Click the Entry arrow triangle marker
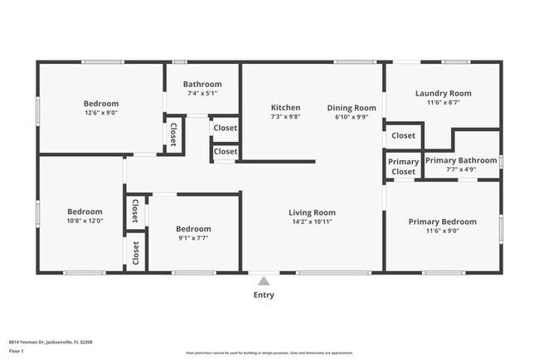pos(264,280)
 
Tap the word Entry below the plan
pos(264,294)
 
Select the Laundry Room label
pos(443,94)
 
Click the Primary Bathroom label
pos(461,160)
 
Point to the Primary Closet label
pos(404,167)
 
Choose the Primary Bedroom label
pos(443,221)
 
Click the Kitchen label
pos(285,108)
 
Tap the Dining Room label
pos(352,108)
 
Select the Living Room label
pos(312,212)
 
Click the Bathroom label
pos(202,84)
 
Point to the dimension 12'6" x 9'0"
pos(101,113)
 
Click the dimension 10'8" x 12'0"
pos(85,221)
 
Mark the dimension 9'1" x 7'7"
pos(192,237)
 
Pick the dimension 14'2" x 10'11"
pos(312,221)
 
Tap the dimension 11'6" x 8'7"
pos(443,103)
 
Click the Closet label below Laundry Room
pos(404,135)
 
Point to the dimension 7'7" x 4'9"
pos(461,169)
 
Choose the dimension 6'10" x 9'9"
pos(352,117)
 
